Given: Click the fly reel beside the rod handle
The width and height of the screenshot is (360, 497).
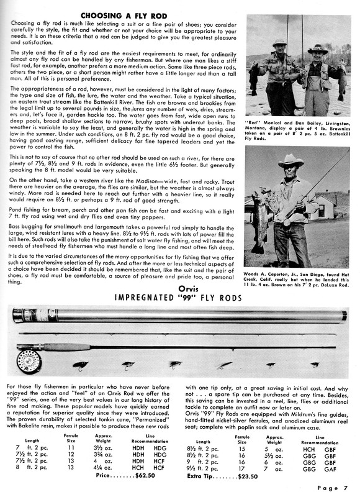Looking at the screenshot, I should coord(29,360).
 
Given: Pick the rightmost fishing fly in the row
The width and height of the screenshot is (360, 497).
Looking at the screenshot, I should coord(315,365).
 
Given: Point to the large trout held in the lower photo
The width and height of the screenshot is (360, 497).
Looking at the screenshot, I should coord(258,221).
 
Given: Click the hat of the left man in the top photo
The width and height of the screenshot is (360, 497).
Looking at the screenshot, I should coord(279,43).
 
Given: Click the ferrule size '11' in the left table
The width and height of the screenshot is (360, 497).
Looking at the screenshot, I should coord(71,447).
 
